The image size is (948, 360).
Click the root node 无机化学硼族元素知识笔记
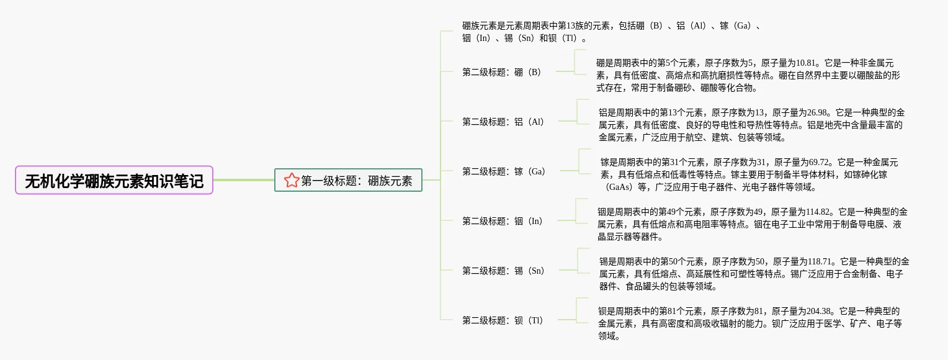(114, 181)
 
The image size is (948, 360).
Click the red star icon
(292, 181)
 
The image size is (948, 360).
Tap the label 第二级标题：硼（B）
(503, 72)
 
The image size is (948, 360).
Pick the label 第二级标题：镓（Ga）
(504, 171)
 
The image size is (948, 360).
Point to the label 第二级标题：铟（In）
(503, 221)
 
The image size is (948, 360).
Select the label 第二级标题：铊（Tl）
(503, 320)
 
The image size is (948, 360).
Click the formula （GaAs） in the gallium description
(617, 187)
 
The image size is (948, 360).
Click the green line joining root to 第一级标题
(243, 180)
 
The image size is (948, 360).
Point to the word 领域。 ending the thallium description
(609, 336)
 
